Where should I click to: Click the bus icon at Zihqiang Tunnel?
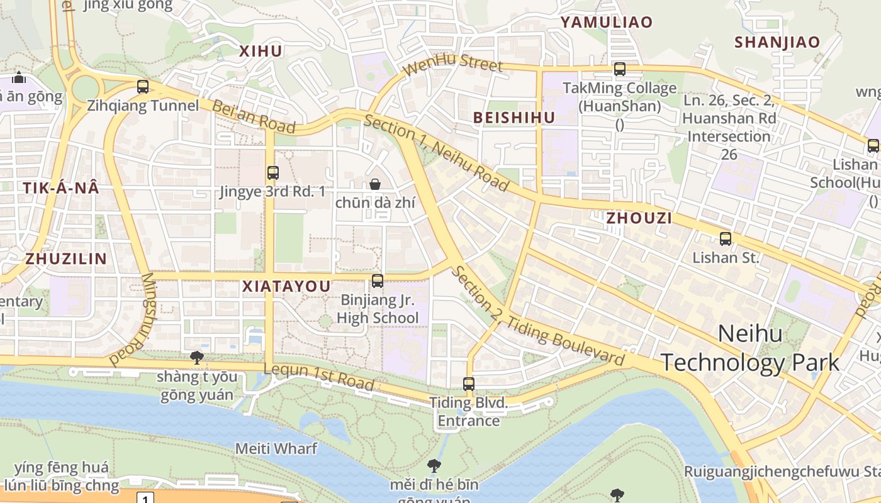[143, 87]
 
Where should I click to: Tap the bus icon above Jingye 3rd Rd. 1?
[272, 172]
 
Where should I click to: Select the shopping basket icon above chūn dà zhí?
[375, 184]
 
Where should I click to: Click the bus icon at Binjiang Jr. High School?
[378, 281]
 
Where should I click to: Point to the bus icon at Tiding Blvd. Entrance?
[469, 384]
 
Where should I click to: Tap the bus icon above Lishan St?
[726, 238]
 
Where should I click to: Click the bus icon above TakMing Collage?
[620, 69]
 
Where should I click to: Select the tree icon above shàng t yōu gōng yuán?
[197, 358]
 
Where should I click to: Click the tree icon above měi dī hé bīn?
[434, 466]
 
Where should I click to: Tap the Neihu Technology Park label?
[750, 348]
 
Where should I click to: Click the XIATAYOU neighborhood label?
[286, 287]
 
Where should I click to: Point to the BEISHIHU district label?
[514, 118]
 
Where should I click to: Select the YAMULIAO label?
[607, 23]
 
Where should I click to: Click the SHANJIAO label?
[777, 42]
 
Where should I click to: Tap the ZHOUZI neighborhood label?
[639, 218]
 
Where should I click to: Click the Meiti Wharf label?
[276, 448]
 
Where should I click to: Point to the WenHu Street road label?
[454, 65]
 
